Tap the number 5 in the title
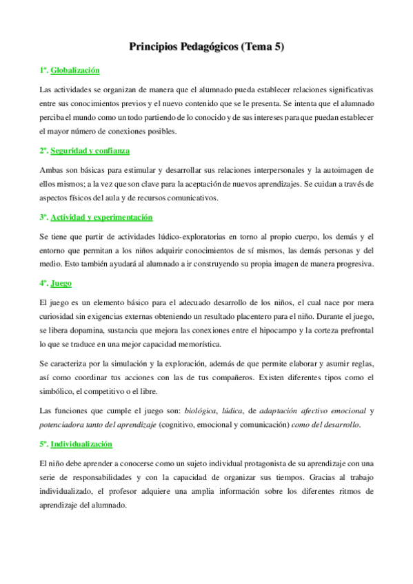coord(277,47)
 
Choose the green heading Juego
coord(61,283)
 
